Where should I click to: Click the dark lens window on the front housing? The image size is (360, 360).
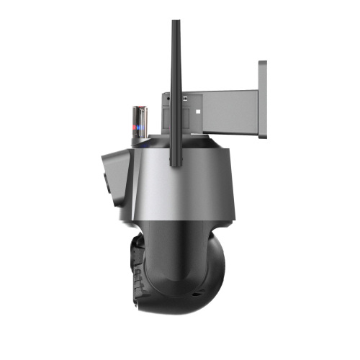click(x=108, y=180)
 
